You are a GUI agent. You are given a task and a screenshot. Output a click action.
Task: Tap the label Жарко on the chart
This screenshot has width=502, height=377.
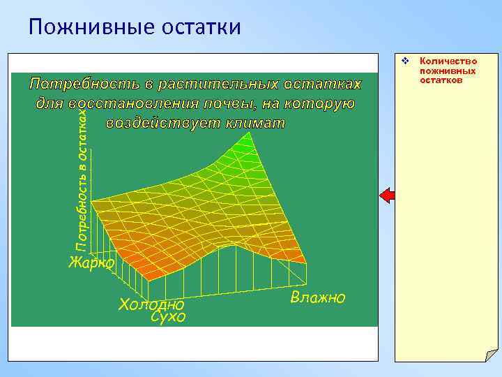click(91, 263)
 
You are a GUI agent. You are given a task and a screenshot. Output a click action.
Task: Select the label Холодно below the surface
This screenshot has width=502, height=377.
click(151, 304)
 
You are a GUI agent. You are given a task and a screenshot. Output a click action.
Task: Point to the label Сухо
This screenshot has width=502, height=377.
click(168, 318)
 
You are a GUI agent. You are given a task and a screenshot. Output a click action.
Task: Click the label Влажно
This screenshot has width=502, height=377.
click(318, 298)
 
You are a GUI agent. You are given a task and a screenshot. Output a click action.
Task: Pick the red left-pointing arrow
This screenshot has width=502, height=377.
click(387, 195)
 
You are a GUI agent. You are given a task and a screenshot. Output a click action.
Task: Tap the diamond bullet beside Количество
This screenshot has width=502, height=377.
click(405, 63)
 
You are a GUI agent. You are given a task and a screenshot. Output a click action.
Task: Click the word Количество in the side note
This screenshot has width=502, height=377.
click(448, 62)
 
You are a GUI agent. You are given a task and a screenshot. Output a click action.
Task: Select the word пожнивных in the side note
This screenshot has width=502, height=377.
click(448, 71)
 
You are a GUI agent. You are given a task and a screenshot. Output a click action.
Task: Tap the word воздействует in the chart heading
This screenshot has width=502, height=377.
click(162, 124)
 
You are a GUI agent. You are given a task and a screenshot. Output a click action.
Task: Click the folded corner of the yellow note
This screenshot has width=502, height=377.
click(490, 355)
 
